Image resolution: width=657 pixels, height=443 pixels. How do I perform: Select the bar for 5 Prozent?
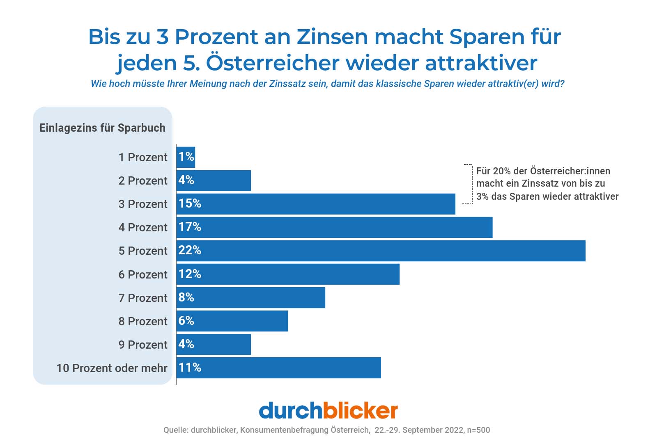pos(381,251)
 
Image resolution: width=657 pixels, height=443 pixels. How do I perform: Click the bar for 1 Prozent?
pos(186,157)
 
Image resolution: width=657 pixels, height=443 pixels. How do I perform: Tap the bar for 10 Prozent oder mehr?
pos(278,368)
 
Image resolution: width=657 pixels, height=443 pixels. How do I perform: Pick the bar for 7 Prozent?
pos(250,298)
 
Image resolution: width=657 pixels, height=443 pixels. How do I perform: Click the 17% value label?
pos(190,227)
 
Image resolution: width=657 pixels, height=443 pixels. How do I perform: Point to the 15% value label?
pos(190,203)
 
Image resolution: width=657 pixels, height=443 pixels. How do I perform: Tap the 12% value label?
pos(190,274)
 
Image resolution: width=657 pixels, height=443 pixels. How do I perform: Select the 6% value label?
pos(186,321)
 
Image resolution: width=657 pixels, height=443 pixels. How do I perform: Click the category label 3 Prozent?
pos(143,204)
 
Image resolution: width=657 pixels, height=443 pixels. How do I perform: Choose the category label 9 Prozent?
pos(143,345)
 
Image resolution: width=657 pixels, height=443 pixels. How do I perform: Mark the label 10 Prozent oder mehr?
pos(112,368)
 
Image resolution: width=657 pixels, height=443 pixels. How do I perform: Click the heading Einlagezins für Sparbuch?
pos(102,128)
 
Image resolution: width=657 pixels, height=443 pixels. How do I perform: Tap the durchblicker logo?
pos(328,411)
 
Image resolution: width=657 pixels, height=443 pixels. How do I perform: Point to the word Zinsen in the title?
pos(333,37)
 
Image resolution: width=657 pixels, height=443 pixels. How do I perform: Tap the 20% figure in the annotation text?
pos(502,171)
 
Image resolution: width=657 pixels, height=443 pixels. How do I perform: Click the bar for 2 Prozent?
pos(214,180)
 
